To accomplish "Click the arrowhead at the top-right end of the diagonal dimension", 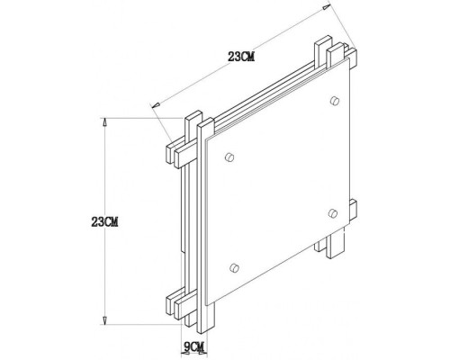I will click(321, 11).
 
